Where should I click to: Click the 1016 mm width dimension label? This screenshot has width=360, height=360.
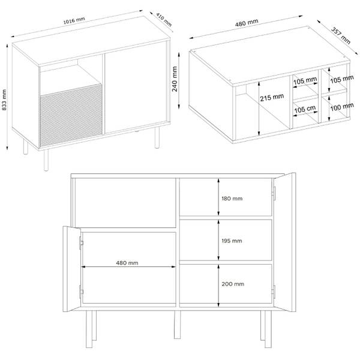coord(74,20)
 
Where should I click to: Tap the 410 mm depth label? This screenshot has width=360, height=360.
coord(164,20)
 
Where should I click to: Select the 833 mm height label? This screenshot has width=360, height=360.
coord(4,100)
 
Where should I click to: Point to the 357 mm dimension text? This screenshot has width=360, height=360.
coord(341,35)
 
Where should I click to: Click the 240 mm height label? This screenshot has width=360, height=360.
coord(175,79)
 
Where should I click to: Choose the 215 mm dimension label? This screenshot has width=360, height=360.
coord(272,97)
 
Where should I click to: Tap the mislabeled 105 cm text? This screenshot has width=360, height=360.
coord(305,109)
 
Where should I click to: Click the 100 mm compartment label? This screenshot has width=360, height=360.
coord(342,107)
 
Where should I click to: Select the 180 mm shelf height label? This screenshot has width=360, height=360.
coord(232,199)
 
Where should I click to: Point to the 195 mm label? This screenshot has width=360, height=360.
coord(232,241)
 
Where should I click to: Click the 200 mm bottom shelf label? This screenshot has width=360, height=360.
coord(233,284)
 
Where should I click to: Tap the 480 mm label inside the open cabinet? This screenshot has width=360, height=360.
coord(127,263)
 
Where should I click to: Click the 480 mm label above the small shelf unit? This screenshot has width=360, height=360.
coord(247,23)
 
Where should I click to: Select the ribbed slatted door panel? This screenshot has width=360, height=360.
coord(71,115)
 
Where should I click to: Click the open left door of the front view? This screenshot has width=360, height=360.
coord(72,269)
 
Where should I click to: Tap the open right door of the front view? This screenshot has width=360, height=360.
coord(284,242)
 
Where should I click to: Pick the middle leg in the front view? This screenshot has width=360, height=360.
coord(177,325)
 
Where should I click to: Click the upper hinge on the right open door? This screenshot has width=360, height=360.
coord(274,194)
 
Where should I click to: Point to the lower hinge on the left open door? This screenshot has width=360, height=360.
coord(81,292)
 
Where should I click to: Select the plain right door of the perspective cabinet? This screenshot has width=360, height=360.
coord(136,87)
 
